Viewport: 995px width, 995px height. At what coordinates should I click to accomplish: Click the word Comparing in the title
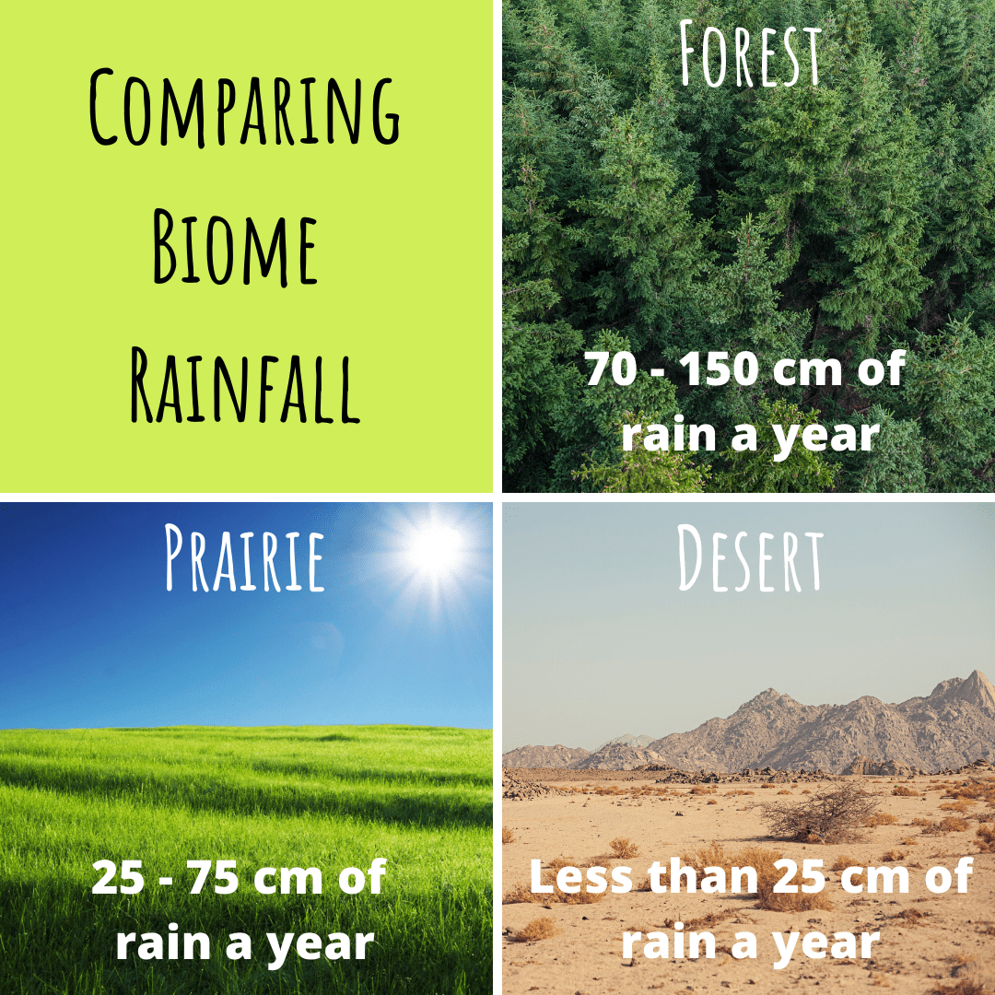[x=244, y=107]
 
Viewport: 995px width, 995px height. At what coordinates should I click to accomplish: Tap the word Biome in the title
[x=235, y=248]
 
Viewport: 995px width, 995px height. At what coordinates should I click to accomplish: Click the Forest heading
[x=749, y=53]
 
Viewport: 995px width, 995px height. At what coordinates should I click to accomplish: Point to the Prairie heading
[x=244, y=557]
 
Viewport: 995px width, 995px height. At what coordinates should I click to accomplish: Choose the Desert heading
[x=749, y=558]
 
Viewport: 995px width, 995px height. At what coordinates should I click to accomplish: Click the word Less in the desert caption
[x=580, y=876]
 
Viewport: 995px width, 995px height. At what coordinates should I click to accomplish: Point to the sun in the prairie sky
[x=433, y=550]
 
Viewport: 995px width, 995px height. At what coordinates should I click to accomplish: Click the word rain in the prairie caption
[x=163, y=942]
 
